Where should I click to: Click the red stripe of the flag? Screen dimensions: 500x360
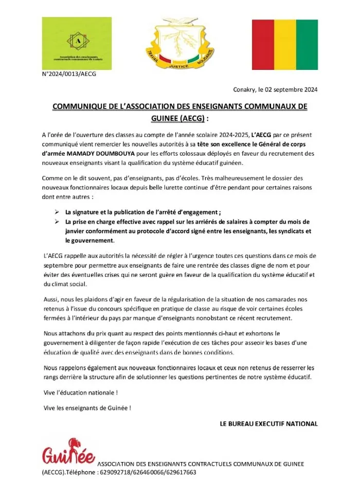263,44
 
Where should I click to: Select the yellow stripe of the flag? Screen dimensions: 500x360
285,44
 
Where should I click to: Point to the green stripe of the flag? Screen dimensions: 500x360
307,44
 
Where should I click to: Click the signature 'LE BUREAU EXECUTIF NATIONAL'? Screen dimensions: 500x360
268,424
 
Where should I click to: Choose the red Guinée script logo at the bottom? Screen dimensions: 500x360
68,454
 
